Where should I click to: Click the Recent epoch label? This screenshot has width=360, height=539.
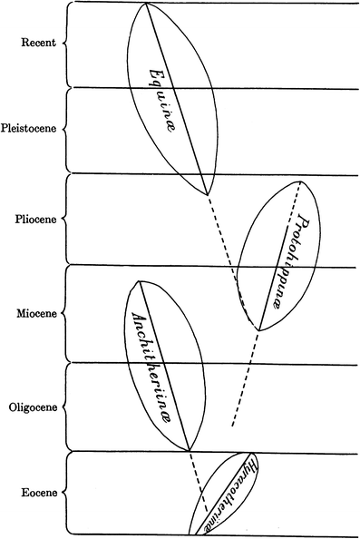pyautogui.click(x=36, y=42)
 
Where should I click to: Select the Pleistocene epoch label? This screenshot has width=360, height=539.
pyautogui.click(x=30, y=129)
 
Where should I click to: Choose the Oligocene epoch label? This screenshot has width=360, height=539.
pyautogui.click(x=33, y=407)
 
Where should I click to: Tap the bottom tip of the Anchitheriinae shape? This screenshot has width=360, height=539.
pyautogui.click(x=188, y=450)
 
